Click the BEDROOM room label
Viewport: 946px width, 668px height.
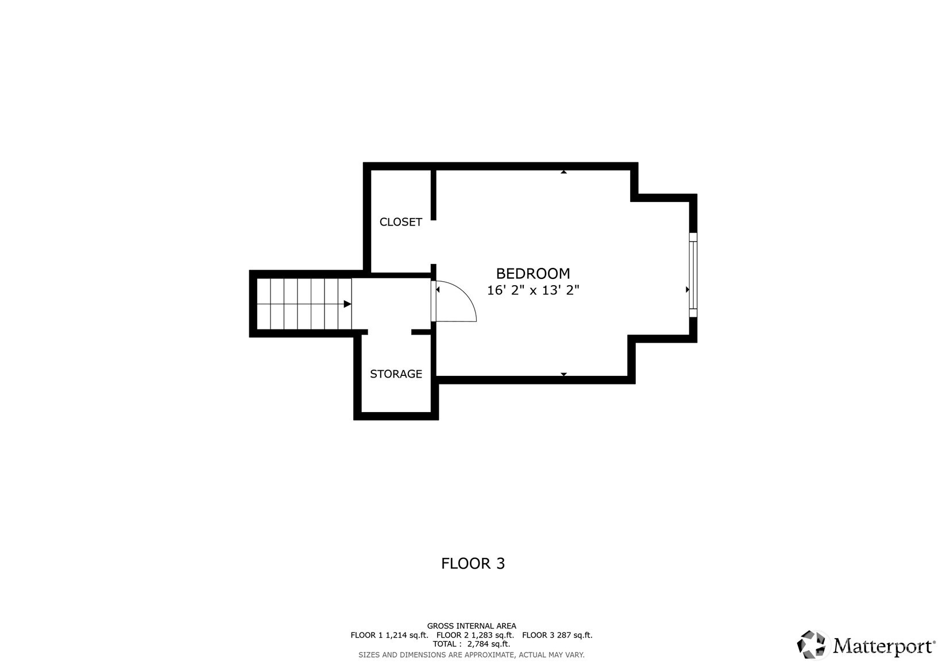[533, 274]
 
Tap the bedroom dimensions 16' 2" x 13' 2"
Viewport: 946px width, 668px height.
[533, 290]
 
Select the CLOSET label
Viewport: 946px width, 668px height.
[400, 222]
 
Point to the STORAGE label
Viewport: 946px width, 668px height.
[396, 374]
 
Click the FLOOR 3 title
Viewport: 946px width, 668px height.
[473, 564]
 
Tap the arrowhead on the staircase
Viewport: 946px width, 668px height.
[347, 304]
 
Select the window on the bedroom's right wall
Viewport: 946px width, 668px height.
[693, 275]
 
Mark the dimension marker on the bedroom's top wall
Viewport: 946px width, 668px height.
[563, 172]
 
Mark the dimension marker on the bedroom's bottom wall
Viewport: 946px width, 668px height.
[563, 374]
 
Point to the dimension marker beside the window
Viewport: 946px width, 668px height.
[687, 290]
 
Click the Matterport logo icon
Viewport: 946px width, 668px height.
[811, 644]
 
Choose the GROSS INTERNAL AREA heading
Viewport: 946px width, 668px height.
[472, 626]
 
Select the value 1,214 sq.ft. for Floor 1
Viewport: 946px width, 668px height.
[407, 635]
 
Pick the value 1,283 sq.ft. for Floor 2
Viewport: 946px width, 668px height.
[492, 635]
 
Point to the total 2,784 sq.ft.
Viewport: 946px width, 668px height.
[488, 644]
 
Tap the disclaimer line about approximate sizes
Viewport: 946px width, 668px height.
[472, 655]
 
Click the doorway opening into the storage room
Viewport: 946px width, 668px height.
[389, 332]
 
